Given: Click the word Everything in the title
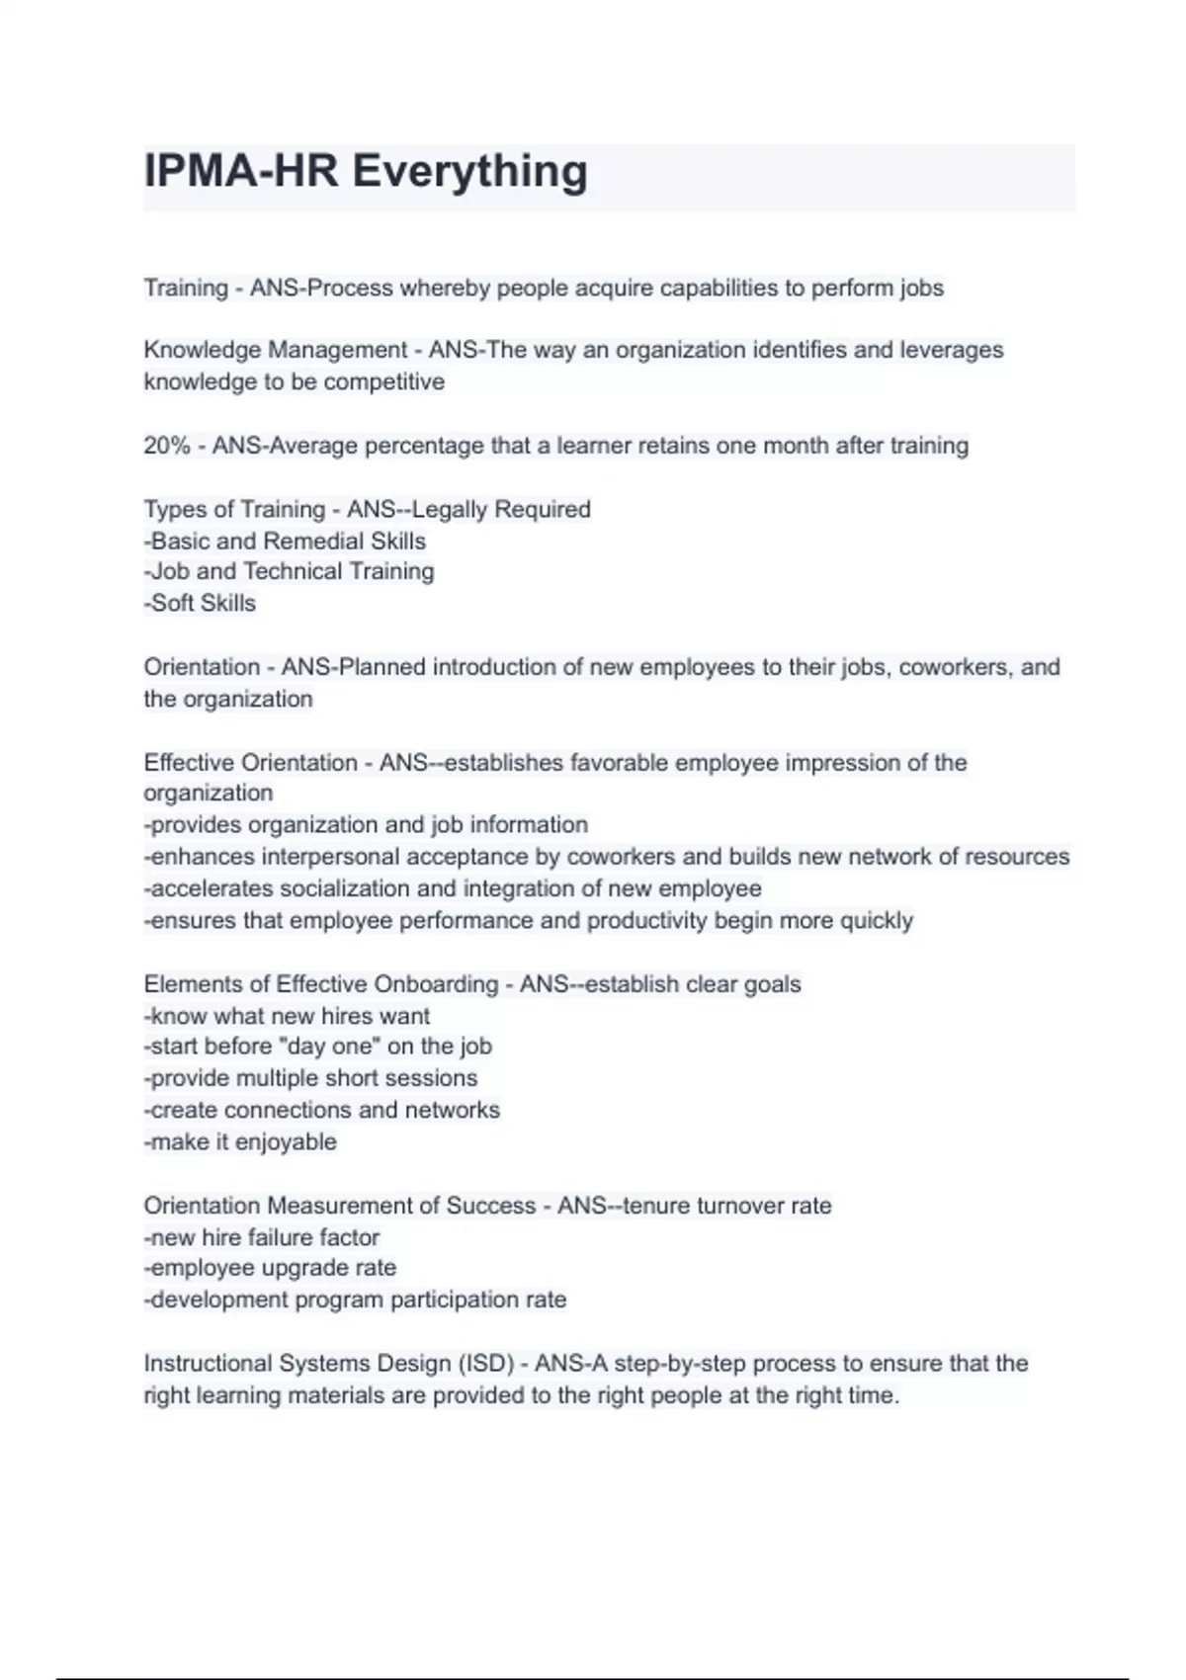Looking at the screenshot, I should pyautogui.click(x=469, y=171).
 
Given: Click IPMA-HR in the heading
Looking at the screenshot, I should pyautogui.click(x=242, y=171).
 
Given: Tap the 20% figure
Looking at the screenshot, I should pyautogui.click(x=166, y=446).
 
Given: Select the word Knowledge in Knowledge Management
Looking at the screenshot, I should pyautogui.click(x=203, y=350).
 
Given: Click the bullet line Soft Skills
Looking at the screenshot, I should pyautogui.click(x=201, y=603).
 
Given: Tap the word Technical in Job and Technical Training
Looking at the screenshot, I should pyautogui.click(x=293, y=571).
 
